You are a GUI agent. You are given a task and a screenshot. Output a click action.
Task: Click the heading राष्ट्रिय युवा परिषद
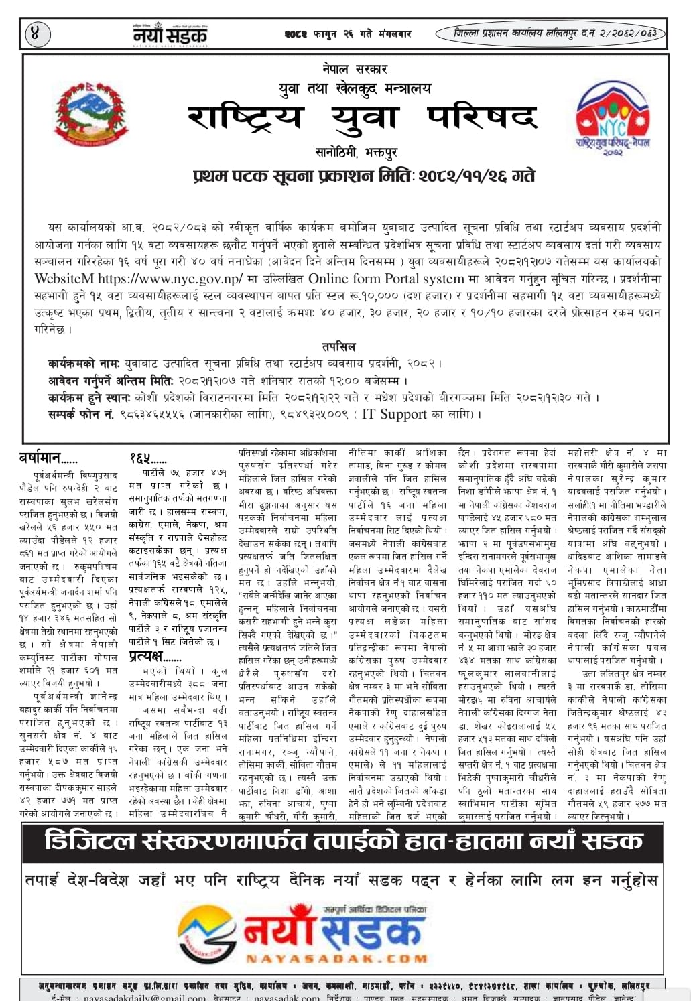(x=362, y=118)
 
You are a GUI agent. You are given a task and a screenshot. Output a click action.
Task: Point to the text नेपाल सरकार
(x=355, y=68)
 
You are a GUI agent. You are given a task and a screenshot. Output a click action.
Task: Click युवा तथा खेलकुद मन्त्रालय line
(x=355, y=88)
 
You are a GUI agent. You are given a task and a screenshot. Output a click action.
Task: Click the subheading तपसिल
(x=338, y=347)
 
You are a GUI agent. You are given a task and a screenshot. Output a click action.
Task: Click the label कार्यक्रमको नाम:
(x=83, y=364)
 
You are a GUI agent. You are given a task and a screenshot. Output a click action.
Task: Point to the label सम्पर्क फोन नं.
(x=80, y=415)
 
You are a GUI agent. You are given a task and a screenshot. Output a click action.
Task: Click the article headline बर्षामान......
(x=48, y=459)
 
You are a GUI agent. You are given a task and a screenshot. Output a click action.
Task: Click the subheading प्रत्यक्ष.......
(x=155, y=657)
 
